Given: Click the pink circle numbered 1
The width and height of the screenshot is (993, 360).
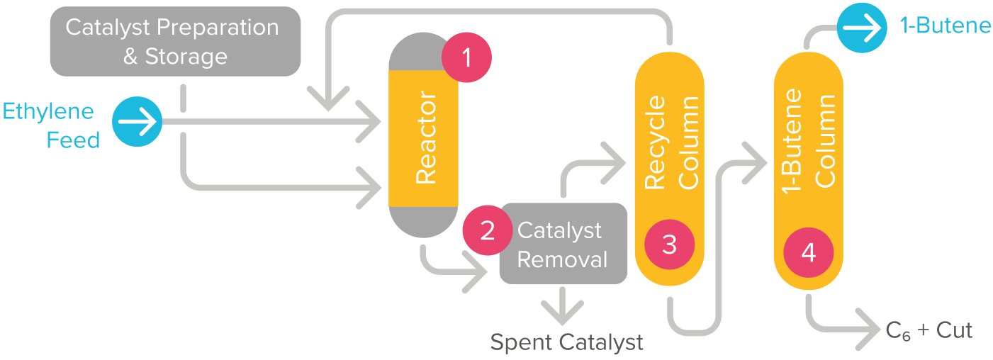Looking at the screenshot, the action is [x=466, y=57].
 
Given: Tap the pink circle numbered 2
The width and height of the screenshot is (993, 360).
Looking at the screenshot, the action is [x=488, y=230].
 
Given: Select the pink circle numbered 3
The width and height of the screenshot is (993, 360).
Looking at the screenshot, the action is [x=669, y=244].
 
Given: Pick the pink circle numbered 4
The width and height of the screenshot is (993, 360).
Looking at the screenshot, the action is [x=809, y=253].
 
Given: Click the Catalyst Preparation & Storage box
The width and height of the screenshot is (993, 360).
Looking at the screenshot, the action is [x=175, y=41].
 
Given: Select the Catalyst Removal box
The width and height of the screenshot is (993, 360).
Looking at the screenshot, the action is [x=563, y=243].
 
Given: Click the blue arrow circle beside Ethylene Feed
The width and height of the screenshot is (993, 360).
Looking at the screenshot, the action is [x=137, y=121].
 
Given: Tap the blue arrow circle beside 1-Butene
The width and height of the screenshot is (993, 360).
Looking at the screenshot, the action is [x=862, y=28].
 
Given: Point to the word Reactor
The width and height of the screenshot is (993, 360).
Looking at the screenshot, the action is [x=426, y=137].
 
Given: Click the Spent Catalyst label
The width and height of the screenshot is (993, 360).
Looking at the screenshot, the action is [x=566, y=342].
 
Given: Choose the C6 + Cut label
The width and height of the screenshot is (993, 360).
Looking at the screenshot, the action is [x=929, y=331].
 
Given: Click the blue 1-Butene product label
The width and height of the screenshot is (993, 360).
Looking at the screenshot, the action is [x=945, y=26].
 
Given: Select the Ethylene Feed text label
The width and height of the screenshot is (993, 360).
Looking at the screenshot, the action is [x=51, y=125].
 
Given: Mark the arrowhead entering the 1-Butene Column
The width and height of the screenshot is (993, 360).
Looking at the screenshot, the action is [x=755, y=163].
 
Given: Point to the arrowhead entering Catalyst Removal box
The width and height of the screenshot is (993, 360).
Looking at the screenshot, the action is [x=475, y=272].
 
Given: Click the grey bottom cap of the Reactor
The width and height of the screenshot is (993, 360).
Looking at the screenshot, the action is [x=423, y=222].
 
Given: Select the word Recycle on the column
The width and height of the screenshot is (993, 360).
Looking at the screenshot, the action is [x=655, y=142].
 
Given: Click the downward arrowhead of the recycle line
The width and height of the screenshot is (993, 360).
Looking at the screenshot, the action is [x=328, y=98].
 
